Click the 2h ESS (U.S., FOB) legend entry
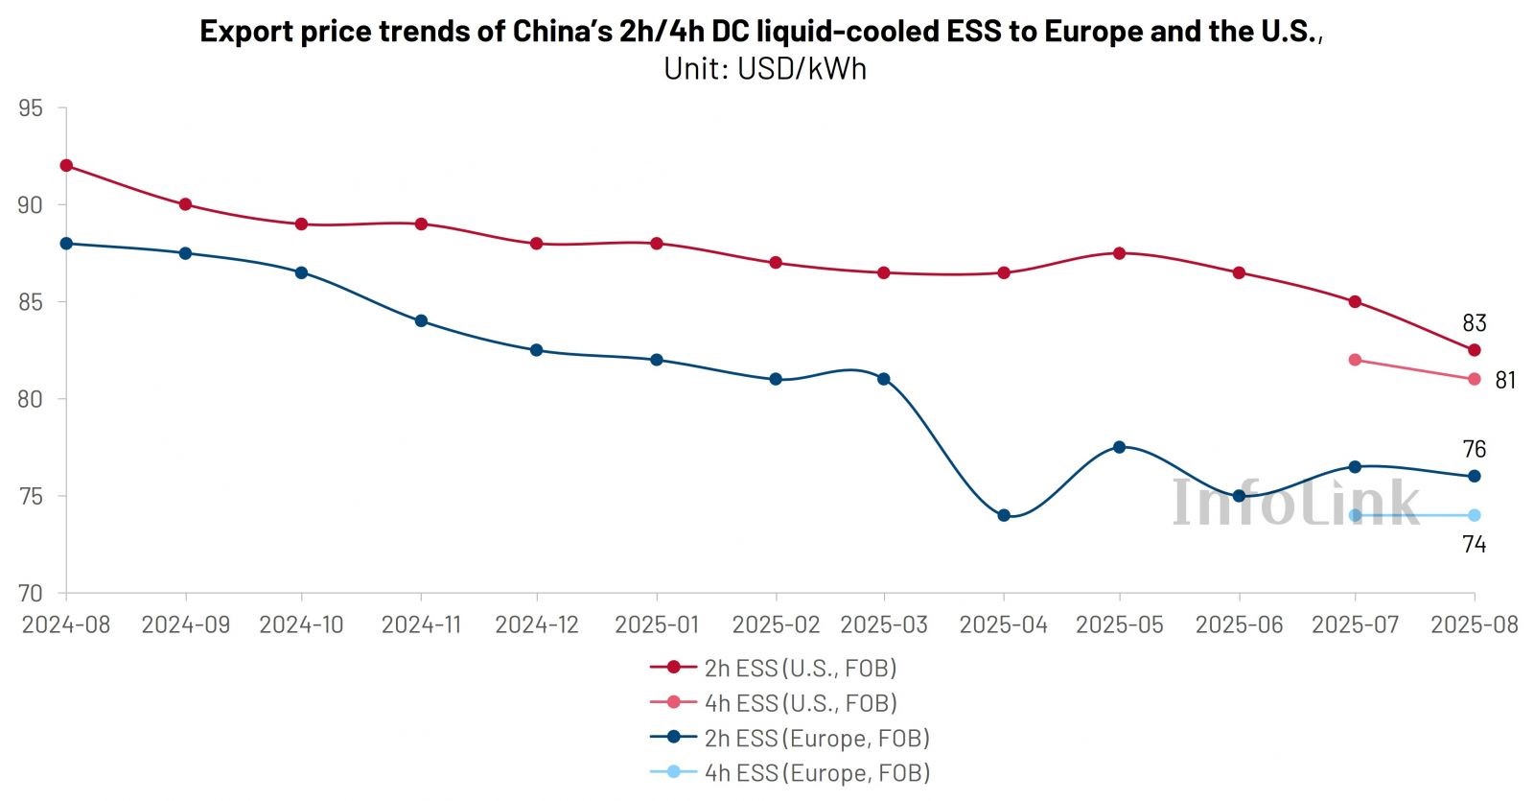pyautogui.click(x=774, y=668)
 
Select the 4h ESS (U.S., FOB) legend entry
pyautogui.click(x=774, y=703)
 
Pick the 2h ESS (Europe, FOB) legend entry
pyautogui.click(x=790, y=738)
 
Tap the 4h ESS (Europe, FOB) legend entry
pyautogui.click(x=790, y=772)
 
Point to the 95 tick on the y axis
pyautogui.click(x=31, y=108)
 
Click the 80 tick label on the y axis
pyautogui.click(x=31, y=399)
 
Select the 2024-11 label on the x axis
pyautogui.click(x=421, y=624)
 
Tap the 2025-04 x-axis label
pyautogui.click(x=1004, y=624)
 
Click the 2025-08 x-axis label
pyautogui.click(x=1475, y=624)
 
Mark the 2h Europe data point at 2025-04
pyautogui.click(x=1004, y=515)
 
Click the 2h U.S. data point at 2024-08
pyautogui.click(x=66, y=165)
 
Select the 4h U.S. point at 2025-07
pyautogui.click(x=1355, y=360)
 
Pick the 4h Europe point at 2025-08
pyautogui.click(x=1475, y=515)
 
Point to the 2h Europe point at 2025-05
pyautogui.click(x=1119, y=447)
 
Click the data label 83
pyautogui.click(x=1474, y=323)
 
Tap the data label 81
pyautogui.click(x=1505, y=381)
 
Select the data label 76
pyautogui.click(x=1474, y=449)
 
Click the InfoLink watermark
pyautogui.click(x=1294, y=502)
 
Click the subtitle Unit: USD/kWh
pyautogui.click(x=765, y=69)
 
